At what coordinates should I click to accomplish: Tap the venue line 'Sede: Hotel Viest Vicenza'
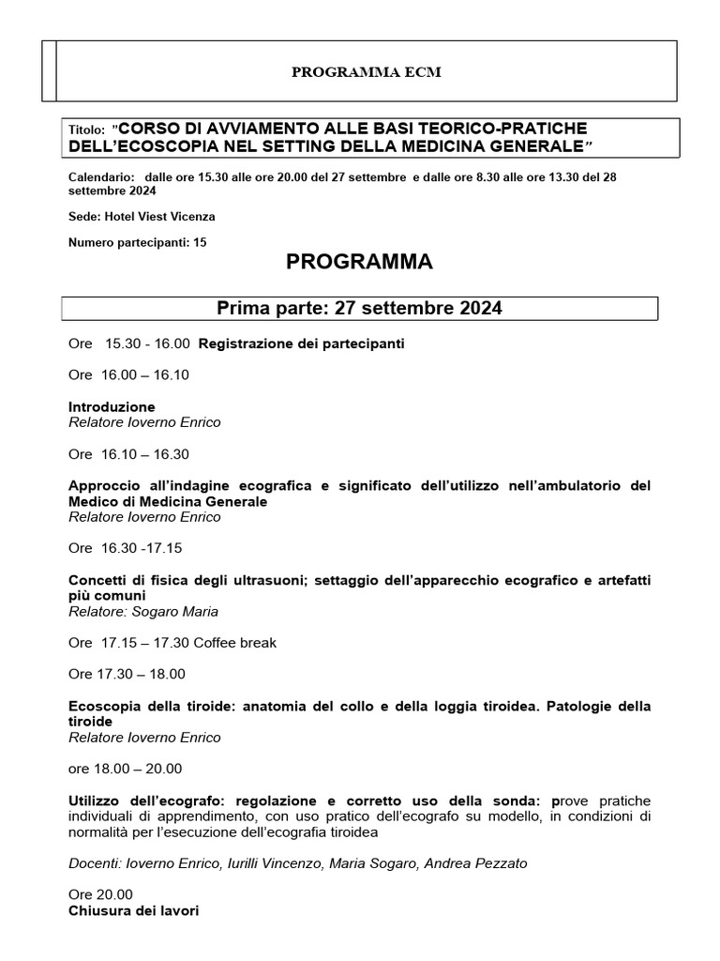point(142,216)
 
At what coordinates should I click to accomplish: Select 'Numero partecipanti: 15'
point(138,242)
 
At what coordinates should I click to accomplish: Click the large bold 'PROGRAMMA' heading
point(359,263)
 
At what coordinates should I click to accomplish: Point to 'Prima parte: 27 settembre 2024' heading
point(359,309)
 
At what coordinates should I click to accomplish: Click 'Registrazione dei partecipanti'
point(301,343)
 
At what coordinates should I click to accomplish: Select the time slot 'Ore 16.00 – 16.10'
point(128,374)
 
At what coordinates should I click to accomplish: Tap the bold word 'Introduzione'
point(112,406)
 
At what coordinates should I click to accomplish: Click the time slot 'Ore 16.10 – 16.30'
point(128,454)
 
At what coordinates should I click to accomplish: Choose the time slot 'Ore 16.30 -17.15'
point(126,547)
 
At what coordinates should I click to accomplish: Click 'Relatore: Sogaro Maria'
point(143,611)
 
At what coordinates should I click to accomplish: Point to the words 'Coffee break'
point(235,643)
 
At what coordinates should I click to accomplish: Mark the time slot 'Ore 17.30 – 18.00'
point(127,674)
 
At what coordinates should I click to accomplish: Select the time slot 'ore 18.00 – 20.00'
point(126,769)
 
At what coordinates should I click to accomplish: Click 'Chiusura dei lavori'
point(133,910)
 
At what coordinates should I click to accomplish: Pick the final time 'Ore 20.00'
point(100,894)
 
